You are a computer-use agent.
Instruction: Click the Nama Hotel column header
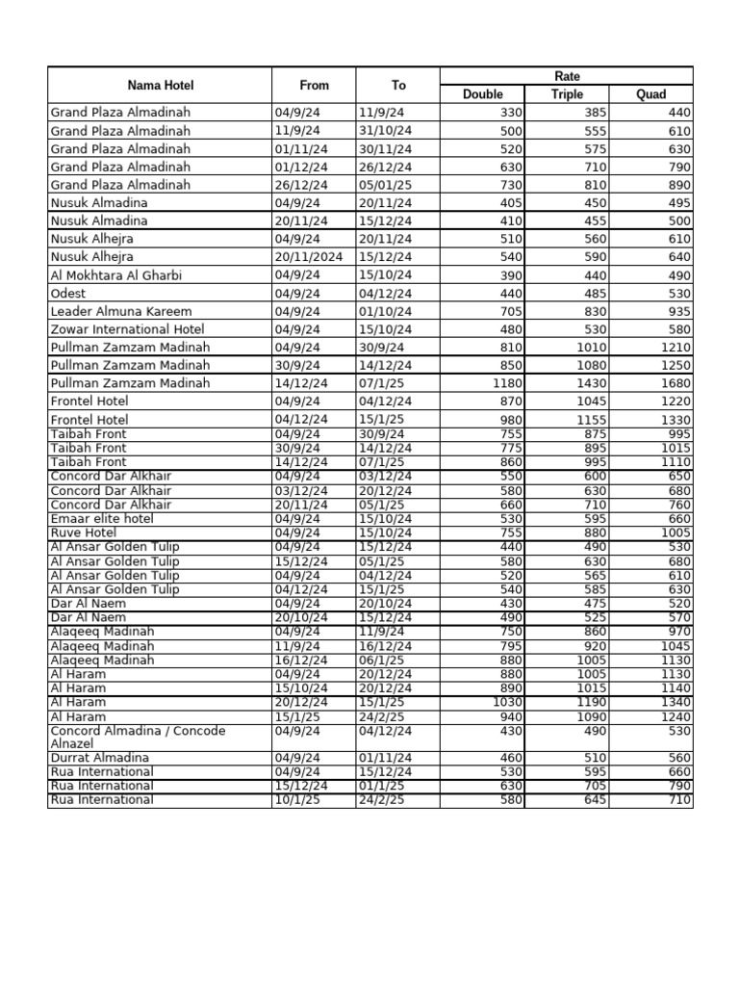click(160, 85)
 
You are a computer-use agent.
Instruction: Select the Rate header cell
click(567, 76)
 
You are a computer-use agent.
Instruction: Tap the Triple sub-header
click(567, 94)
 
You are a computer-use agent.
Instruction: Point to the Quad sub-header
click(651, 94)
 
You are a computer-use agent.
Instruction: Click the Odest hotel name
click(67, 294)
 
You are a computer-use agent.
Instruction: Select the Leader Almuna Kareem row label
click(120, 312)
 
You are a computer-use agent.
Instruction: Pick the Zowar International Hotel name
click(129, 329)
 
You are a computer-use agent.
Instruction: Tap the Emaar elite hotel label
click(101, 519)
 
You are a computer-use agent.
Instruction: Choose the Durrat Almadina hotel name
click(99, 758)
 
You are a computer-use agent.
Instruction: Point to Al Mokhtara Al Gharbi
click(115, 275)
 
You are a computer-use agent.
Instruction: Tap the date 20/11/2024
click(306, 257)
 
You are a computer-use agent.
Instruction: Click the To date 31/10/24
click(385, 131)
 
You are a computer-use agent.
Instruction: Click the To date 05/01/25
click(385, 185)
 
